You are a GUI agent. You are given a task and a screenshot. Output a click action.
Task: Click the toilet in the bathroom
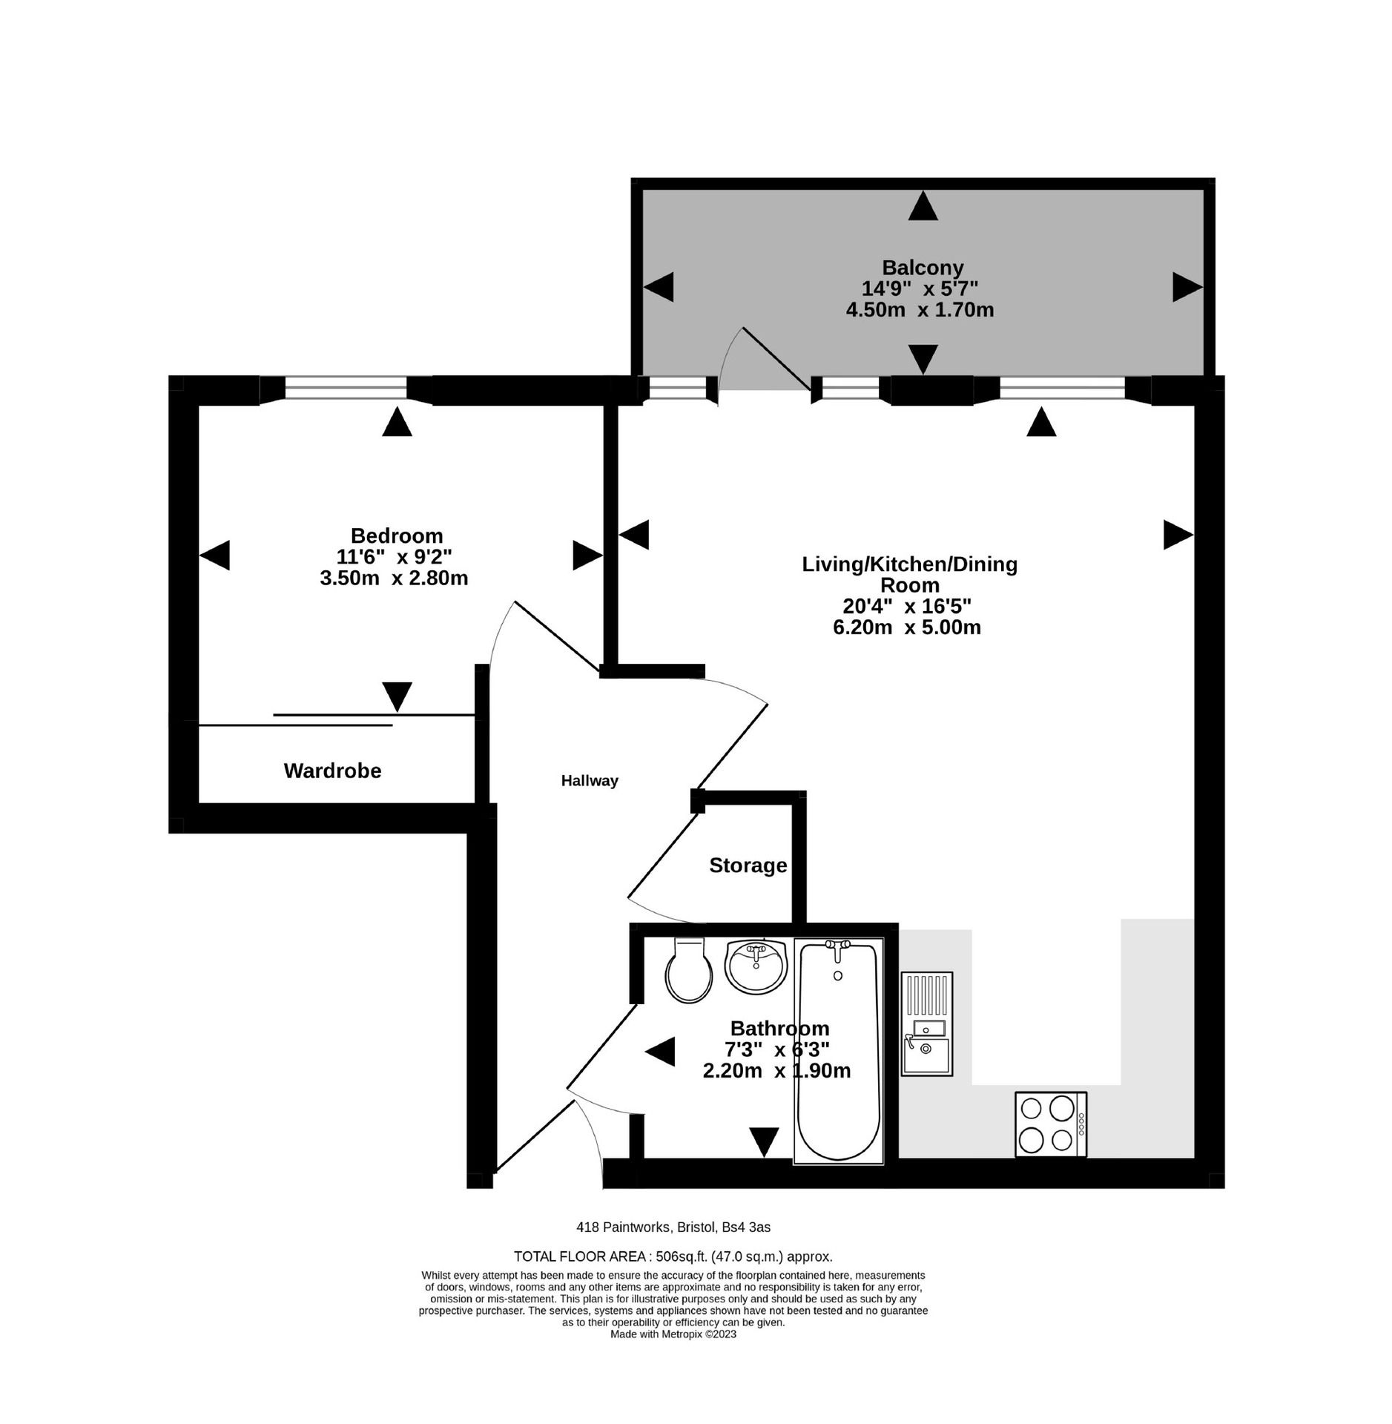point(688,972)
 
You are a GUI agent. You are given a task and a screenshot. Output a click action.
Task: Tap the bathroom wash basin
point(755,965)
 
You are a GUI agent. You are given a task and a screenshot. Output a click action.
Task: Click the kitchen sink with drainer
point(926,1023)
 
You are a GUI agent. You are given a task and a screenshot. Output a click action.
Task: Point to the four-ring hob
point(1049,1124)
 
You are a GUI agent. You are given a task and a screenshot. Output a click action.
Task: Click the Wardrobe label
point(332,771)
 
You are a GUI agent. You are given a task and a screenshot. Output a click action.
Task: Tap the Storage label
point(748,866)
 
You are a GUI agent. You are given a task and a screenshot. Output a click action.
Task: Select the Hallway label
point(590,780)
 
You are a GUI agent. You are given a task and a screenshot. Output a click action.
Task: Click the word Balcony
point(923,267)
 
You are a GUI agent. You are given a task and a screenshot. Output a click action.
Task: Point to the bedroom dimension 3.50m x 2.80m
point(394,578)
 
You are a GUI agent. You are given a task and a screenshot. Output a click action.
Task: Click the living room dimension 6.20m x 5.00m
point(906,627)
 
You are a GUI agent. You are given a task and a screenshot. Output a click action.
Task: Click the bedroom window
point(346,389)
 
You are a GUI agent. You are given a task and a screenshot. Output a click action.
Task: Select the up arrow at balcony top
point(923,205)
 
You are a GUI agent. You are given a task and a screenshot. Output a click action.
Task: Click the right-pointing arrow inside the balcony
point(1186,287)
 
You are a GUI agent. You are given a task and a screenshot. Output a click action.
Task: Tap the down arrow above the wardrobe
point(397,696)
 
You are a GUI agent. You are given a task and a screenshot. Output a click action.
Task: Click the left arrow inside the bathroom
point(659,1052)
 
